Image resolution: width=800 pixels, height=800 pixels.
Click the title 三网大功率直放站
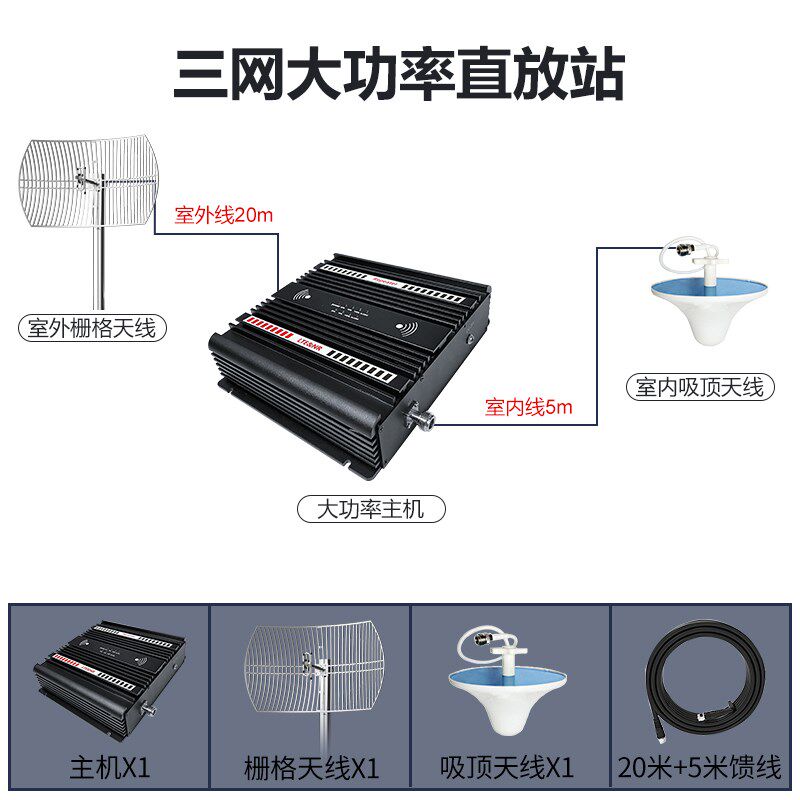pyautogui.click(x=399, y=73)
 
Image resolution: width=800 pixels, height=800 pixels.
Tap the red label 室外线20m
pyautogui.click(x=223, y=214)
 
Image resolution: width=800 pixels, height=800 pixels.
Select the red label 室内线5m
pyautogui.click(x=528, y=407)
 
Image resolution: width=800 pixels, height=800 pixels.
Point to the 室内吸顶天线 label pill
pyautogui.click(x=699, y=387)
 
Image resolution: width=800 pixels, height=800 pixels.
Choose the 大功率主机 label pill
pyautogui.click(x=371, y=509)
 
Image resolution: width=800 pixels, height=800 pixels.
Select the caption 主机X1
pyautogui.click(x=109, y=769)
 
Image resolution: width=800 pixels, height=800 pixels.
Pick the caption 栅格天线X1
pyautogui.click(x=311, y=769)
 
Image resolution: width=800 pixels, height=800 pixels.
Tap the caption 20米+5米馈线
pyautogui.click(x=700, y=769)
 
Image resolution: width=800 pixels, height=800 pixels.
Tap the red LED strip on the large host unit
pyautogui.click(x=268, y=330)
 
